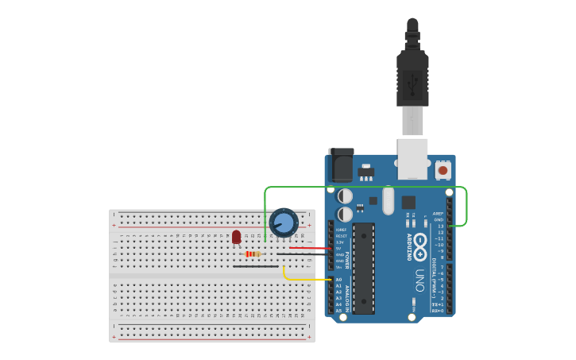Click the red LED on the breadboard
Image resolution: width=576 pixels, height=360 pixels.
pyautogui.click(x=236, y=236)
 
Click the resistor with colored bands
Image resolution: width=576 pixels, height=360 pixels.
pyautogui.click(x=253, y=254)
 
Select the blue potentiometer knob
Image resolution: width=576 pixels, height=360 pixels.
pyautogui.click(x=283, y=222)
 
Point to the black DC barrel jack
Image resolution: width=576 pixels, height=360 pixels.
pyautogui.click(x=341, y=165)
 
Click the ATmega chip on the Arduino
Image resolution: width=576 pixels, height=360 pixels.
pyautogui.click(x=364, y=268)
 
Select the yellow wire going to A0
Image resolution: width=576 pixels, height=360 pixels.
pyautogui.click(x=306, y=280)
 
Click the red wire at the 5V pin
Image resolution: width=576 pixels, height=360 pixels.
pyautogui.click(x=310, y=249)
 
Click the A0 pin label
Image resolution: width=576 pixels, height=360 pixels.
pyautogui.click(x=339, y=280)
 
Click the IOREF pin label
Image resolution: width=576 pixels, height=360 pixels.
pyautogui.click(x=340, y=230)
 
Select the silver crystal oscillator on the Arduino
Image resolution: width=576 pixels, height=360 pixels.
pyautogui.click(x=388, y=200)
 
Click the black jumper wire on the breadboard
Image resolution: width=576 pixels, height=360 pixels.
pyautogui.click(x=256, y=266)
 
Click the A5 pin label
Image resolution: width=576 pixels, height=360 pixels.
pyautogui.click(x=339, y=311)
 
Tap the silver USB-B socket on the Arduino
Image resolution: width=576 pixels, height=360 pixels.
pyautogui.click(x=412, y=159)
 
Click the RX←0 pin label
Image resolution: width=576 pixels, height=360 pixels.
pyautogui.click(x=438, y=311)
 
